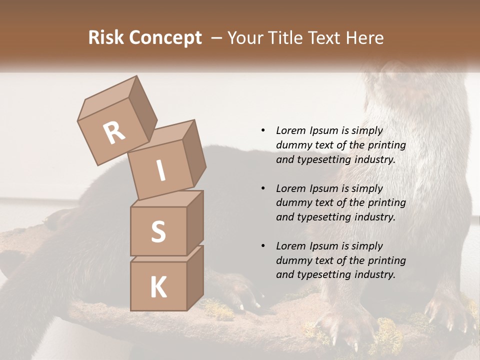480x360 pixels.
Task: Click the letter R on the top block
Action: [x=114, y=133]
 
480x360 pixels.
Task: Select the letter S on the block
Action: [x=158, y=232]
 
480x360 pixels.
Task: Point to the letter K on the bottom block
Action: [x=158, y=287]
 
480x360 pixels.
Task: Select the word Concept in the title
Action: [x=164, y=37]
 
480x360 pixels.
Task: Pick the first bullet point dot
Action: [x=263, y=130]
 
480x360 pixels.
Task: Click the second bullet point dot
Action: [x=263, y=188]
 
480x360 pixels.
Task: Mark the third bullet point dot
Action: [x=263, y=246]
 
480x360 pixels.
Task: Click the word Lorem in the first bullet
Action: [x=290, y=130]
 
